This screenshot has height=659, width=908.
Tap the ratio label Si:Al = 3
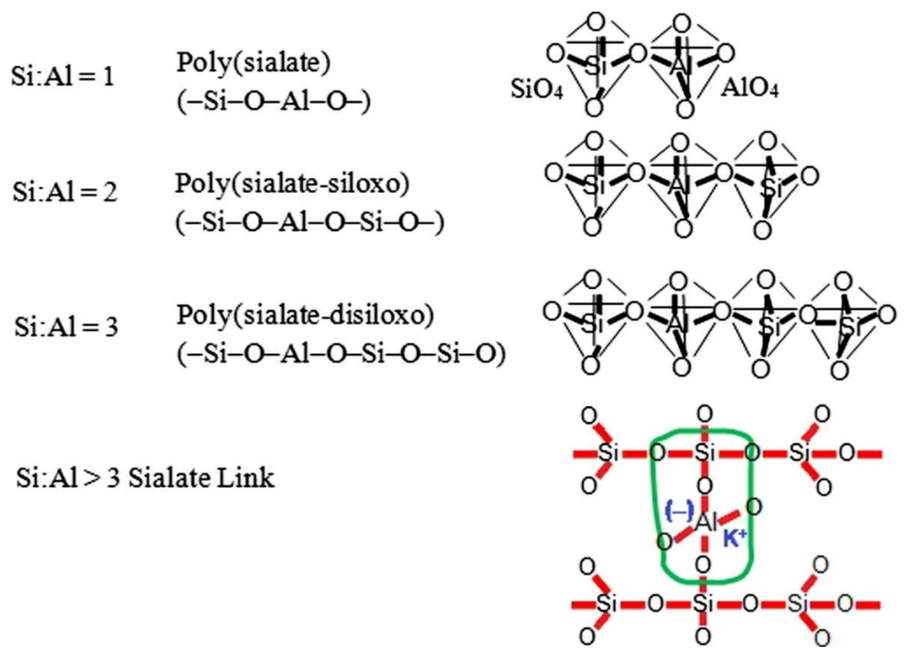tap(66, 327)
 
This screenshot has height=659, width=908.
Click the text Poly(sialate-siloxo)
tap(293, 184)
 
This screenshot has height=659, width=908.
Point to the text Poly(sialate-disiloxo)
tap(305, 315)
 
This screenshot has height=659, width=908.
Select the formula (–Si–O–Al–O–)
tap(274, 103)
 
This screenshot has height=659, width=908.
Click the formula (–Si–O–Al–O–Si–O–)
tap(310, 223)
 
